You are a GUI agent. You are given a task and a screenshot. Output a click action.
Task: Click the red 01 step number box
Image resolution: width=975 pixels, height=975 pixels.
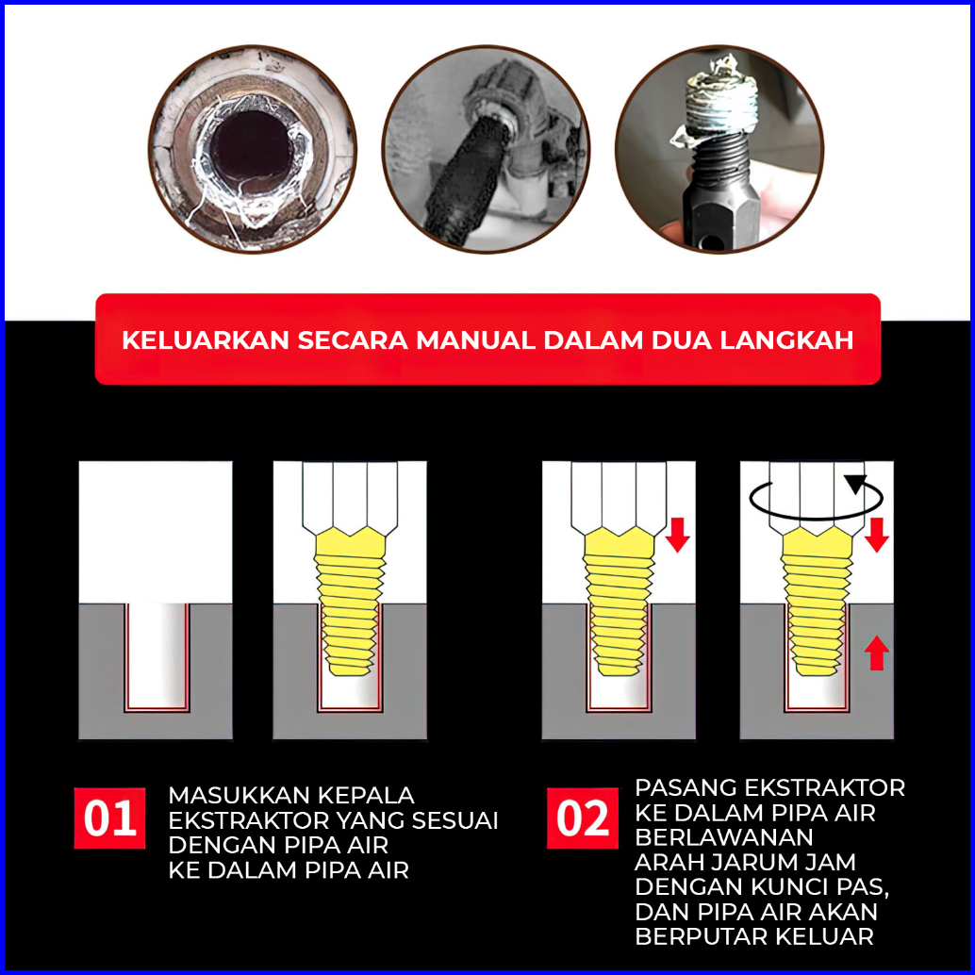click(x=109, y=818)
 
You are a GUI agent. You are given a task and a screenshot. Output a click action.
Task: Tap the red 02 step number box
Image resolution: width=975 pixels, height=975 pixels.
click(x=583, y=818)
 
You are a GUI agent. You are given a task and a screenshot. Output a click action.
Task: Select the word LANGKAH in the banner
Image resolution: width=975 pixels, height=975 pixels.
click(x=786, y=340)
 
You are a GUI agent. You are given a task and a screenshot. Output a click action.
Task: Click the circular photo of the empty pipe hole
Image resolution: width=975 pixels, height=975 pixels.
click(x=253, y=149)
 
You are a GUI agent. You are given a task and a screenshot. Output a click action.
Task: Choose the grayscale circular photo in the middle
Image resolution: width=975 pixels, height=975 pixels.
click(x=486, y=149)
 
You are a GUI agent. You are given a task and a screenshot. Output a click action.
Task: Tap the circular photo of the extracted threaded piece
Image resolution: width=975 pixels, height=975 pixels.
click(x=719, y=149)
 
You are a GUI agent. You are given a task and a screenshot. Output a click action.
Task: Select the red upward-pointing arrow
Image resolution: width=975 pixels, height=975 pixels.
click(x=876, y=653)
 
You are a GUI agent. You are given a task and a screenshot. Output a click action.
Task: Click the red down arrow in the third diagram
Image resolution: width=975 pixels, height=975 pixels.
click(x=678, y=535)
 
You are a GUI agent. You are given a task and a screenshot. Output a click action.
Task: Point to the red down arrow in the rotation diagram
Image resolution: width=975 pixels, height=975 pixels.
click(x=876, y=535)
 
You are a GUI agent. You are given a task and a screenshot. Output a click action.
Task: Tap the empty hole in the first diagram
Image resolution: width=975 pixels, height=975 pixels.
click(x=157, y=656)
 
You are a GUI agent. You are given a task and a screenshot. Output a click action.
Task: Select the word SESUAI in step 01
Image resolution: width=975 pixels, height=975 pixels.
click(x=454, y=820)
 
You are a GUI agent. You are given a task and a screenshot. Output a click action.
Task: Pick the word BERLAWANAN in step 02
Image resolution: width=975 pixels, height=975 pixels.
click(x=724, y=837)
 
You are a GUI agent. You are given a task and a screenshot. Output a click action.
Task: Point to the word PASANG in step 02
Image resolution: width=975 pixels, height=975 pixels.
click(x=686, y=788)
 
